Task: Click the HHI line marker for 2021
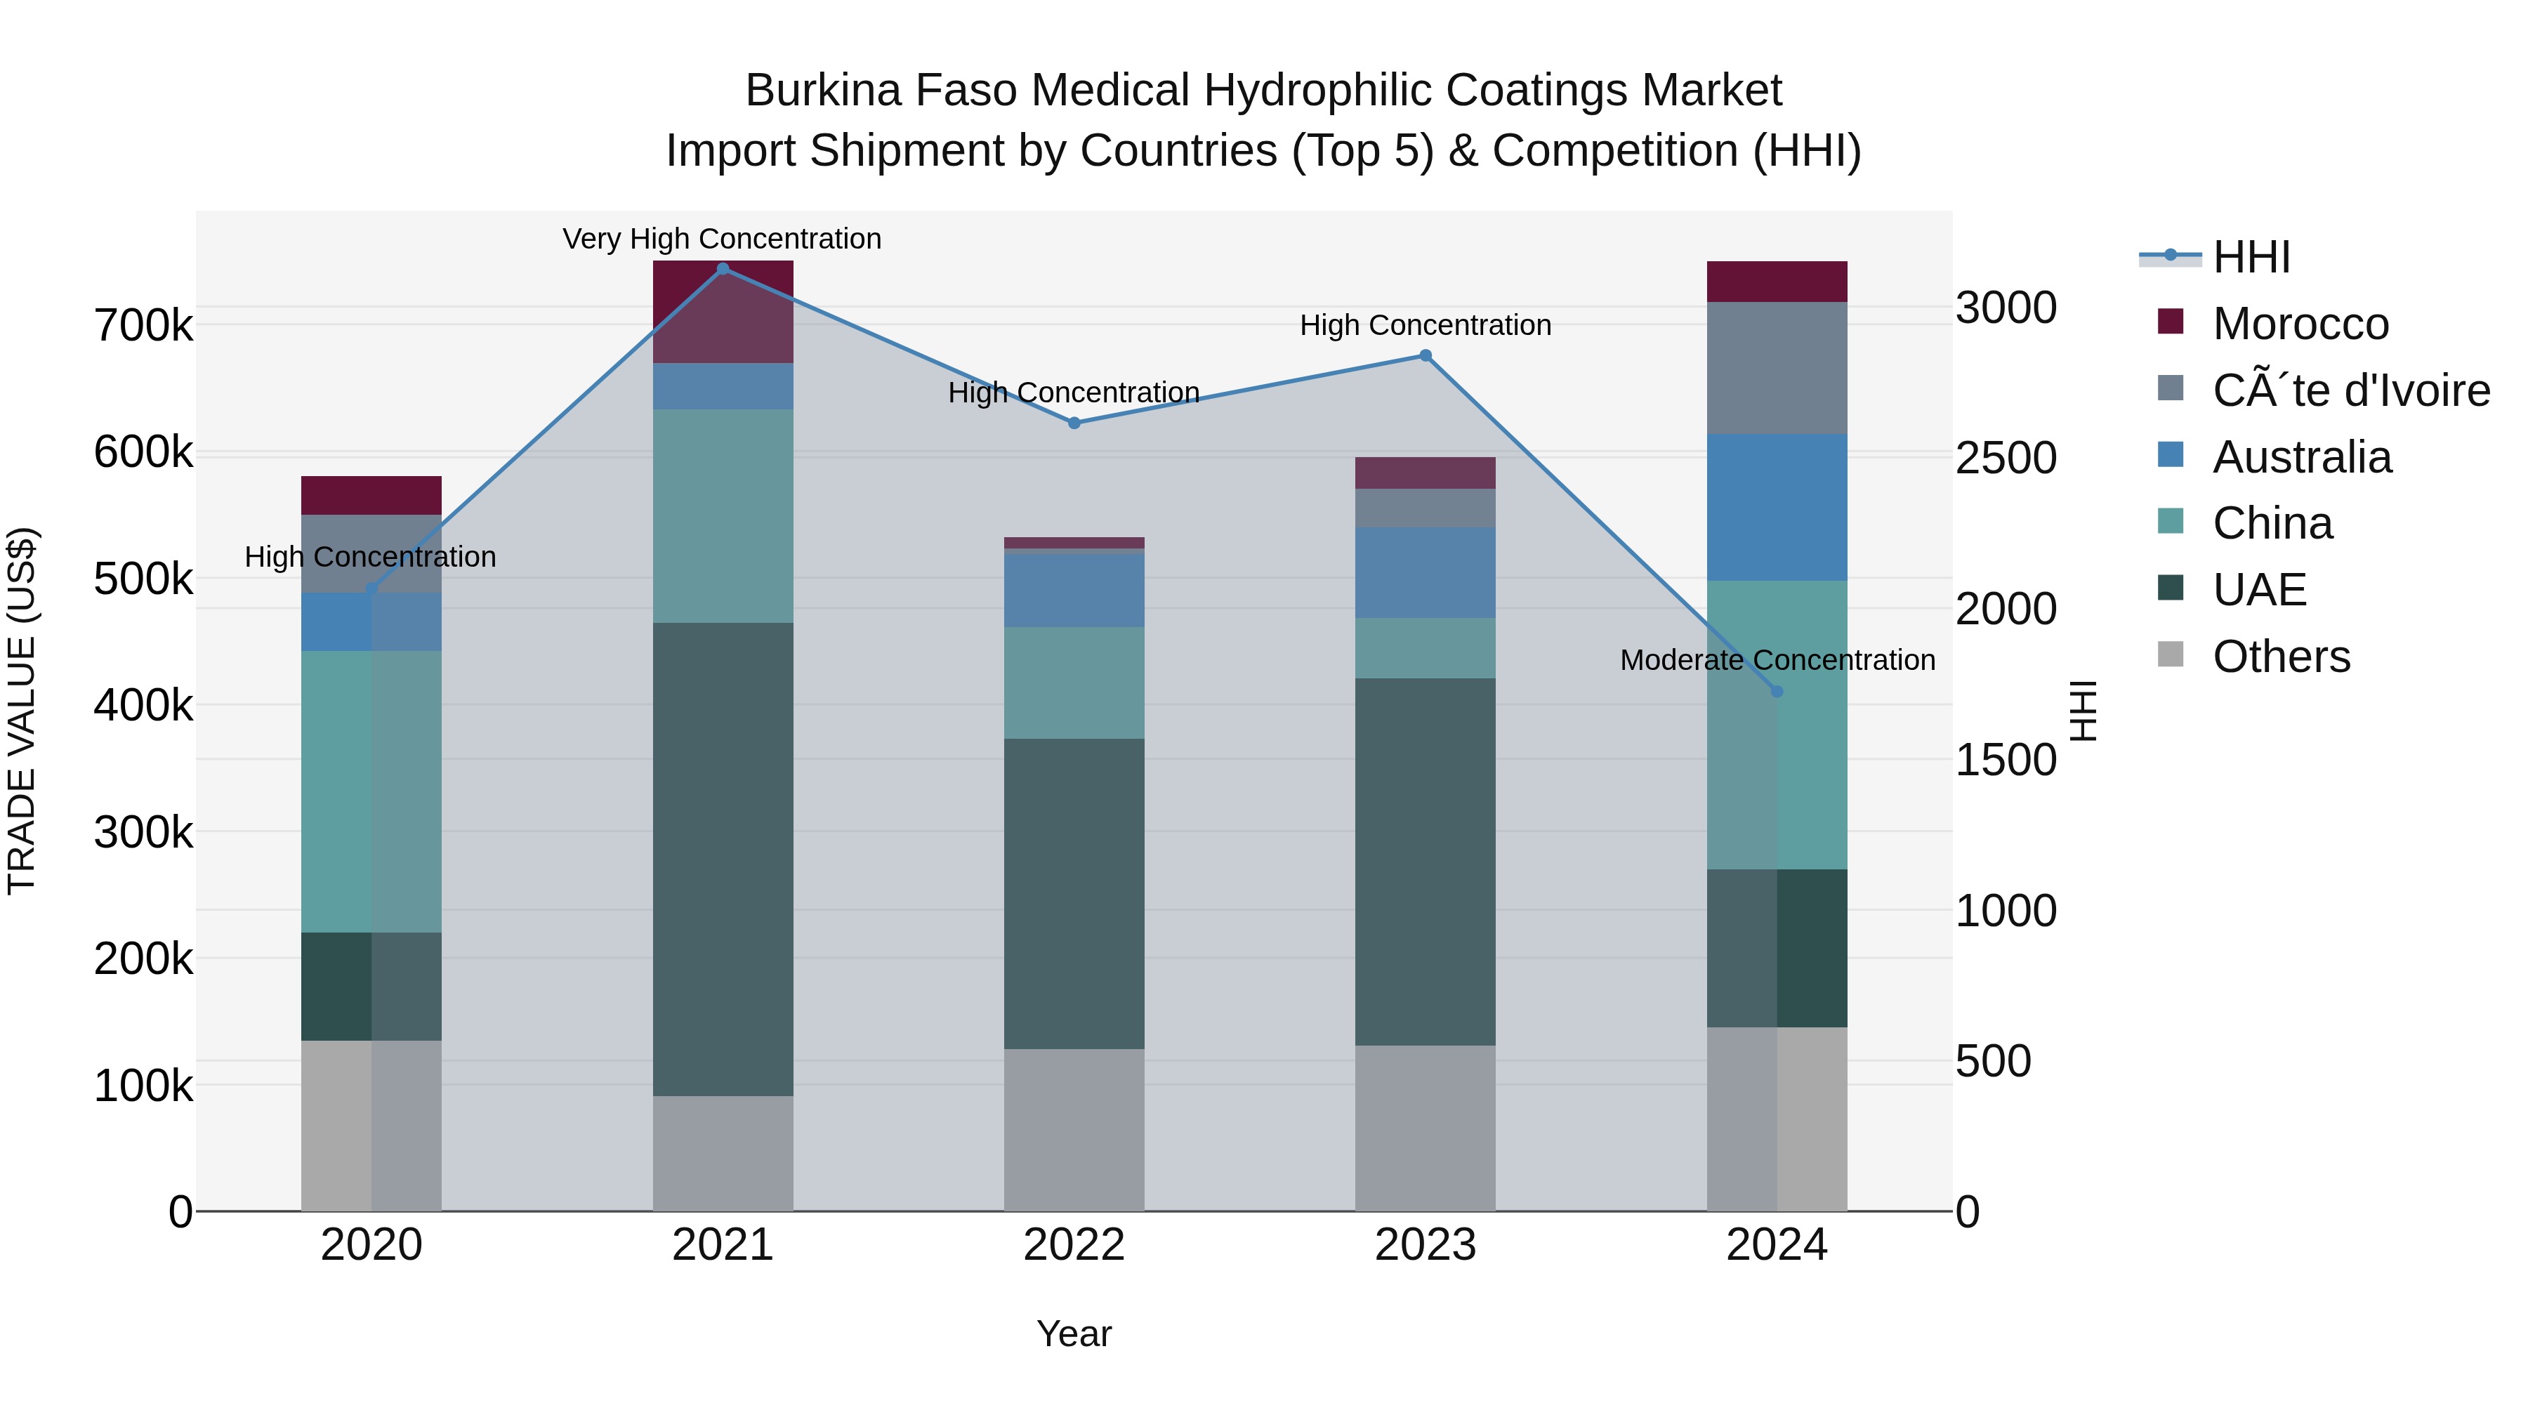[x=723, y=269]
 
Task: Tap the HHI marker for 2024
[x=1777, y=692]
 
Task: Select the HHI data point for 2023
[x=1425, y=356]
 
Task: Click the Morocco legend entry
[x=2299, y=324]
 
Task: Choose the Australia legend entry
[x=2301, y=457]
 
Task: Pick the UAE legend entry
[x=2258, y=590]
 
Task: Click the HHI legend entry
[x=2251, y=257]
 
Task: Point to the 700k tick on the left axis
[x=143, y=326]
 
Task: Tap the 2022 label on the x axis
[x=1074, y=1245]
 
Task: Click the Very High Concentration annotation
[x=723, y=239]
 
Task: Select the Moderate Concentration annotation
[x=1777, y=659]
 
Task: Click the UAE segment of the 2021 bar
[x=723, y=859]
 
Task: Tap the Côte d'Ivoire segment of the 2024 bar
[x=1777, y=368]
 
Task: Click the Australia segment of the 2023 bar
[x=1425, y=572]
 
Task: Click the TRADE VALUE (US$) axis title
[x=22, y=711]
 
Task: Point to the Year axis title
[x=1074, y=1334]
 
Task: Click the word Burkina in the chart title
[x=822, y=91]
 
